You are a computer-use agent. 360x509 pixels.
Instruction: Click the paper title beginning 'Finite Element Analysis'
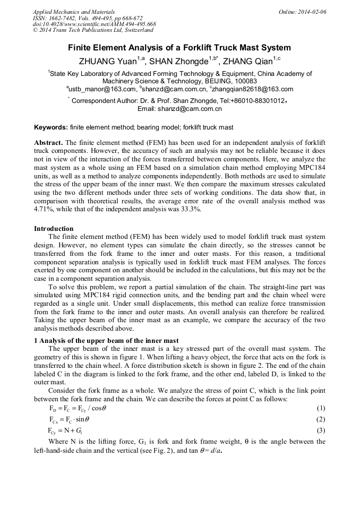[x=179, y=48]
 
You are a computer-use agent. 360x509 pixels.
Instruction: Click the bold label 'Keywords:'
[x=51, y=128]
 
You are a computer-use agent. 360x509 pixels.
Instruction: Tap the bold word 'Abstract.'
[x=49, y=143]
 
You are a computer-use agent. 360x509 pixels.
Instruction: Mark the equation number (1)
[x=320, y=408]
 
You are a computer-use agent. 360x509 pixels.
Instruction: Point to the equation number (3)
[x=320, y=430]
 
